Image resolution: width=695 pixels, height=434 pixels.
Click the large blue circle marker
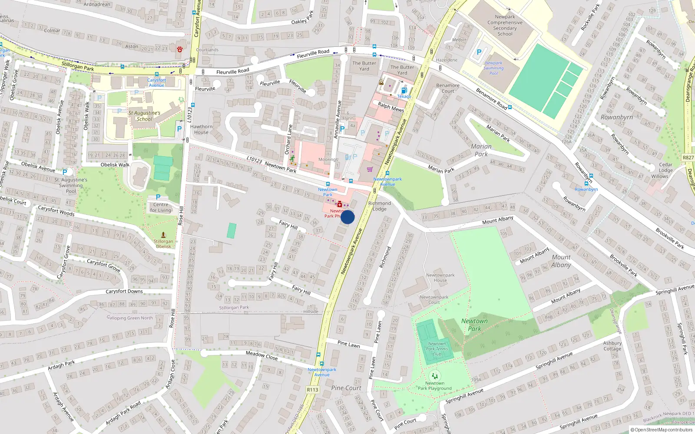(347, 217)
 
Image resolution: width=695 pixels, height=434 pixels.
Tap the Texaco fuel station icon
(404, 90)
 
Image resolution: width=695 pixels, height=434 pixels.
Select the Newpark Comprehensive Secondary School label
(505, 25)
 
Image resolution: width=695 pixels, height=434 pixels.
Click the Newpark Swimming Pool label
(493, 68)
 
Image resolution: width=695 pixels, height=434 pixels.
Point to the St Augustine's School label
(144, 116)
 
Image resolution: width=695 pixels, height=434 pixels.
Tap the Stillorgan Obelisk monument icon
(163, 235)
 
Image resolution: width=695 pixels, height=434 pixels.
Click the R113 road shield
(312, 390)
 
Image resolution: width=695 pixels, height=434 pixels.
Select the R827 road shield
(688, 158)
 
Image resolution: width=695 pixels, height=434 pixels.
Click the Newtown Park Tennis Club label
(437, 349)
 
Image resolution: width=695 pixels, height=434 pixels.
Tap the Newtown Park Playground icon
(434, 376)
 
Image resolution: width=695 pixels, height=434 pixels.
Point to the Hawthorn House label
(201, 129)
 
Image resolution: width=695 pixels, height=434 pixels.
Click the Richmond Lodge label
(379, 206)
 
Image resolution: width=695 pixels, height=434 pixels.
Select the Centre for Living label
(161, 207)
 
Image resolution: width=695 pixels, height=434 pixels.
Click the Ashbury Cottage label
(612, 345)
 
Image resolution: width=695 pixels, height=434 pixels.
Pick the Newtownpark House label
(440, 277)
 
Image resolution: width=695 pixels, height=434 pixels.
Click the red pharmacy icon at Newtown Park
(339, 204)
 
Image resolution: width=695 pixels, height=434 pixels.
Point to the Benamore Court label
(447, 88)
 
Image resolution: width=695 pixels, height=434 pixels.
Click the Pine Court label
(346, 388)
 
